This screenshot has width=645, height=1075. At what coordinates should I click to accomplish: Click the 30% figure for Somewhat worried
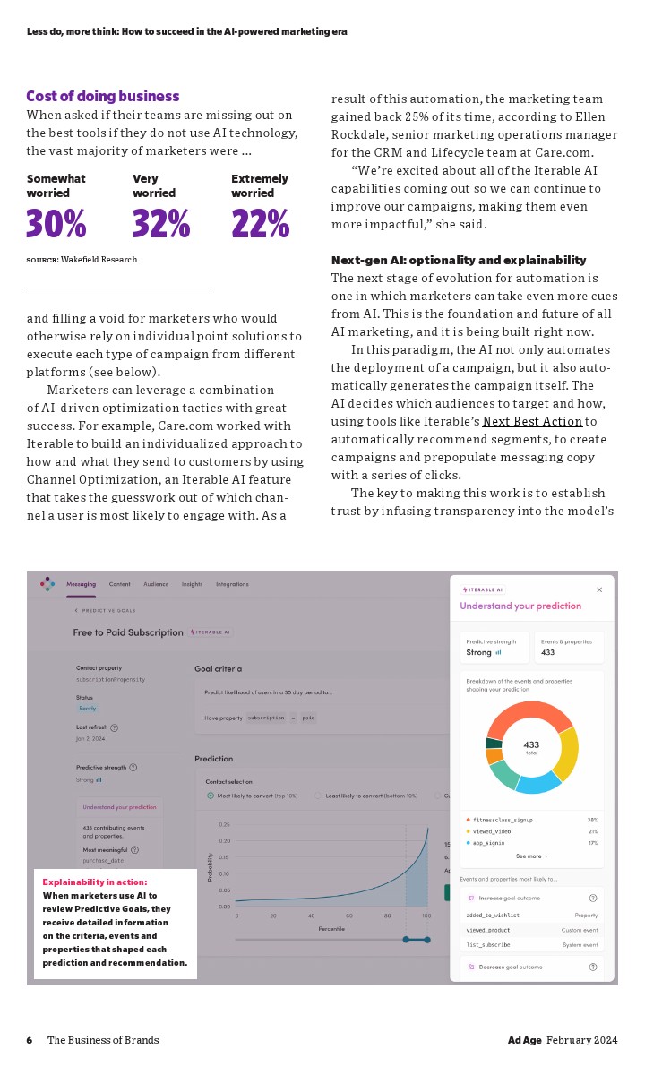point(56,224)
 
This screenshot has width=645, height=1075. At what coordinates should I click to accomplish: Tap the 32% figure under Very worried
point(161,224)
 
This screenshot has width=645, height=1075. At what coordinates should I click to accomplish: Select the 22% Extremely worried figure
point(260,224)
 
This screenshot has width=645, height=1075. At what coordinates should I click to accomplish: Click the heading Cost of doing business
point(102,96)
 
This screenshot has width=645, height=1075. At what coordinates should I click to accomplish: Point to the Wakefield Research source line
point(82,260)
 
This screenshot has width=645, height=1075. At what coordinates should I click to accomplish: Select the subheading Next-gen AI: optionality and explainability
point(459,260)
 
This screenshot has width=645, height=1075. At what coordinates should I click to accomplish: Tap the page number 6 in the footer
point(30,1040)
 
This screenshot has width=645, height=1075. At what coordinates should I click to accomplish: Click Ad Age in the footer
point(525,1040)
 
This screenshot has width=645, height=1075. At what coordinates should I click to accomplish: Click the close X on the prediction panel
point(599,589)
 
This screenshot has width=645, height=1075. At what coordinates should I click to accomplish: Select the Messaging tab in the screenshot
point(82,584)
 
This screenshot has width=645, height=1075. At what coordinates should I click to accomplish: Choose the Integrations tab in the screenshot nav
point(232,584)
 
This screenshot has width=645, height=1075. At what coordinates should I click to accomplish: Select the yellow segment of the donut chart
point(566,752)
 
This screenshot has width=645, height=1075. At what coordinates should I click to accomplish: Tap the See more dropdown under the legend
point(531,856)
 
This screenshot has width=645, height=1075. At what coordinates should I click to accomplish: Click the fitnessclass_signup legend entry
point(499,820)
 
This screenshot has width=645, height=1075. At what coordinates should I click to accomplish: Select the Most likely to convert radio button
point(211,795)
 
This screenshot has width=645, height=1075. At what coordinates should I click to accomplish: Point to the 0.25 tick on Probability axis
point(224,824)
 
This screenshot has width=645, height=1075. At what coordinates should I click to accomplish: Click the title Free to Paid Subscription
point(128,632)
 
